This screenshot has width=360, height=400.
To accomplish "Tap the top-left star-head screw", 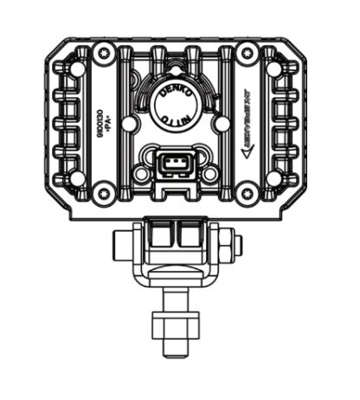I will point(104,54).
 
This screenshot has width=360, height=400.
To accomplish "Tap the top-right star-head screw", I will point(247,54).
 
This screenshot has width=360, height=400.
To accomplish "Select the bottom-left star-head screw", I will point(104,192).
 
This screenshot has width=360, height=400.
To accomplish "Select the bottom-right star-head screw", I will point(247,192).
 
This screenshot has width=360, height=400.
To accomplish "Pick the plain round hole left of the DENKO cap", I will point(128,124).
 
